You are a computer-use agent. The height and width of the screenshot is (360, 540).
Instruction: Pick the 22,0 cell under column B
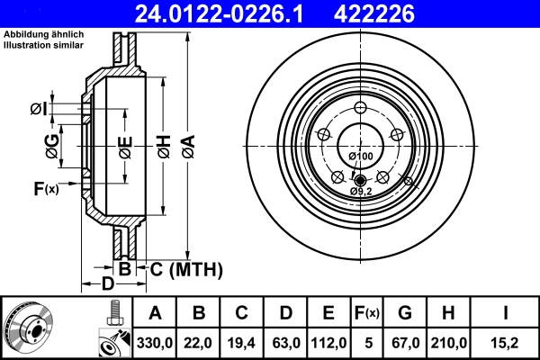[200, 343]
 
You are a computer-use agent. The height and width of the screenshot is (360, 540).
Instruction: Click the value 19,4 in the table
[242, 343]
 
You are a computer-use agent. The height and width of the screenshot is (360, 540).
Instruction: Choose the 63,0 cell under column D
[284, 343]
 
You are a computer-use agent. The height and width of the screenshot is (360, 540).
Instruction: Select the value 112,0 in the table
[328, 343]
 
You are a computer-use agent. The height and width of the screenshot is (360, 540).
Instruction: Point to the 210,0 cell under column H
[450, 343]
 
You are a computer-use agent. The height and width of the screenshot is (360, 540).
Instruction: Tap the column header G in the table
[405, 314]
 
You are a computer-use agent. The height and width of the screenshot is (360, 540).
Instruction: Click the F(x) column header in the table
[366, 314]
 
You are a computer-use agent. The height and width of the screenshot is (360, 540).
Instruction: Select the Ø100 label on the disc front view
[361, 157]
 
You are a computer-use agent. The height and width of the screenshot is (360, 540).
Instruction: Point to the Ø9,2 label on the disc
[361, 191]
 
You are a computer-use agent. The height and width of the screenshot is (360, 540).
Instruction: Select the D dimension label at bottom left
[107, 286]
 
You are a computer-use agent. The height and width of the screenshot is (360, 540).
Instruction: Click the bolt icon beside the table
[113, 315]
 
